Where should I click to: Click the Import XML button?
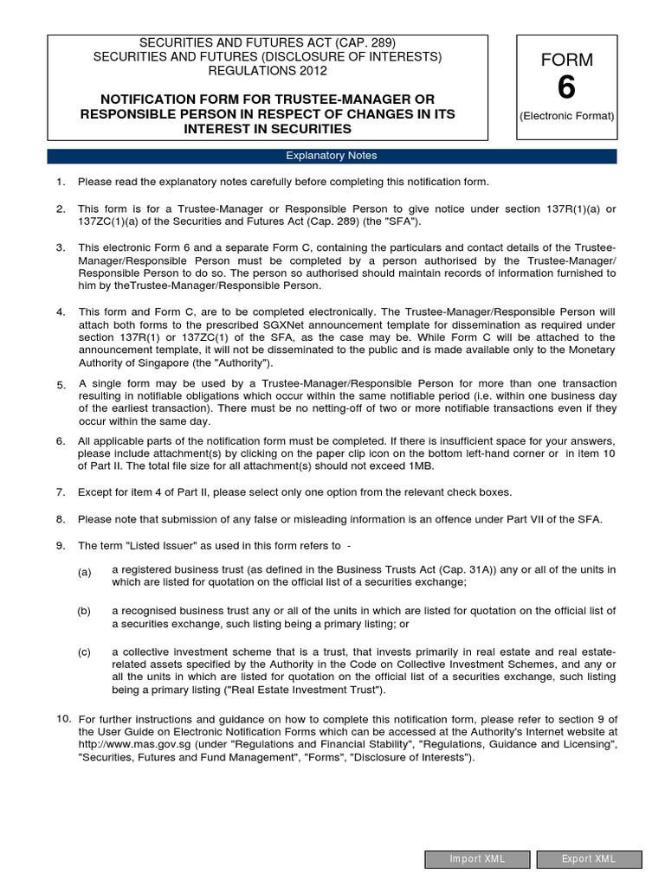(x=477, y=859)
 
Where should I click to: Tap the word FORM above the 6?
(x=566, y=60)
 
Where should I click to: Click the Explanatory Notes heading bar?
(x=332, y=156)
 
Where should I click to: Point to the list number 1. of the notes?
(x=61, y=182)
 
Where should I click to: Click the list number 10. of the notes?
(x=63, y=719)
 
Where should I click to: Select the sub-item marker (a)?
(x=84, y=573)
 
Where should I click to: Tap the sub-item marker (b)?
(x=84, y=611)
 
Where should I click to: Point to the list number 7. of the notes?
(x=61, y=491)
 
